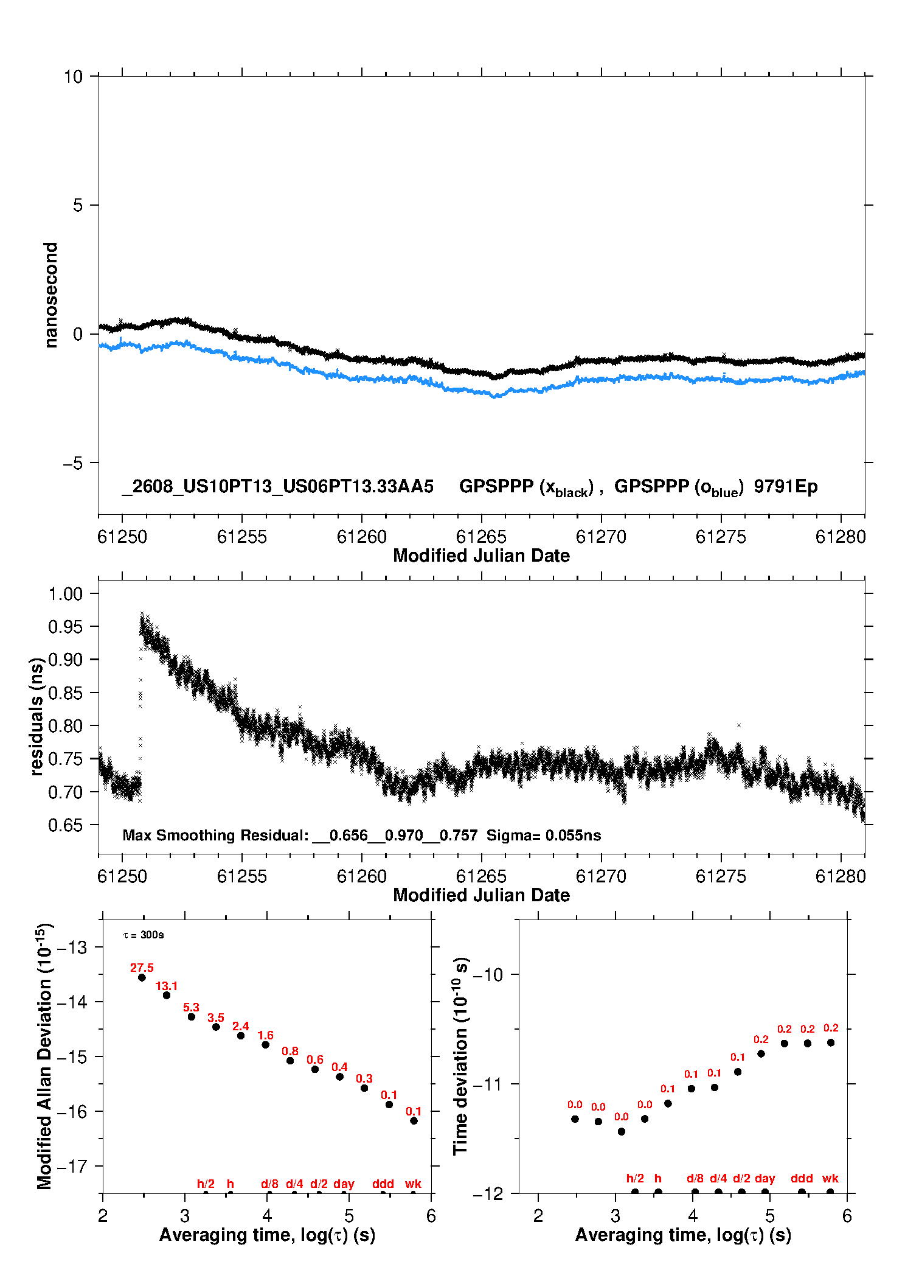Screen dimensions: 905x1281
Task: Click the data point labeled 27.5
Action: pyautogui.click(x=142, y=977)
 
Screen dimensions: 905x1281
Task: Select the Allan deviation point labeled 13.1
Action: pyautogui.click(x=167, y=995)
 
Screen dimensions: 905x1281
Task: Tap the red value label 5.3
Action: pyautogui.click(x=191, y=1007)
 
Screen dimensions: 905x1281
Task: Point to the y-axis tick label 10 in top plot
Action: pyautogui.click(x=73, y=76)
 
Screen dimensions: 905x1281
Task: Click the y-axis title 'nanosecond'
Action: pyautogui.click(x=50, y=295)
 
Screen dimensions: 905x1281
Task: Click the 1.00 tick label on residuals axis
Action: pyautogui.click(x=65, y=593)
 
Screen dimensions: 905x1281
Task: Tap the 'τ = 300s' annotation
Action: pyautogui.click(x=144, y=935)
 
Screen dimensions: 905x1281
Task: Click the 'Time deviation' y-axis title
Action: pyautogui.click(x=461, y=1056)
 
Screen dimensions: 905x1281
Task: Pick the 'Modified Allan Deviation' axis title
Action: pyautogui.click(x=44, y=1056)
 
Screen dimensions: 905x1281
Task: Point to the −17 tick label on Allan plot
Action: pyautogui.click(x=72, y=1167)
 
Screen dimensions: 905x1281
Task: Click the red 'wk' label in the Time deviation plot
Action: pyautogui.click(x=830, y=1178)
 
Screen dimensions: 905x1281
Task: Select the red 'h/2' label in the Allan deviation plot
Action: pyautogui.click(x=206, y=1184)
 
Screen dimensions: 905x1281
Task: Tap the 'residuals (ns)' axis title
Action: pyautogui.click(x=36, y=716)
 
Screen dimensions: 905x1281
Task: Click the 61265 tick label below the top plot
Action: pyautogui.click(x=481, y=537)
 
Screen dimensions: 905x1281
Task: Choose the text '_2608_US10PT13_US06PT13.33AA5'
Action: pyautogui.click(x=278, y=487)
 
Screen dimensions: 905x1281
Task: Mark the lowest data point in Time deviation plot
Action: pyautogui.click(x=622, y=1131)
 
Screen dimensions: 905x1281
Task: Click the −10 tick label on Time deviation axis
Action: pyautogui.click(x=488, y=974)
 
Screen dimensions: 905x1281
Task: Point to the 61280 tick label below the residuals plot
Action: pyautogui.click(x=841, y=876)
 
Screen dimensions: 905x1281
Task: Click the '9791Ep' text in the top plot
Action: pyautogui.click(x=786, y=487)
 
